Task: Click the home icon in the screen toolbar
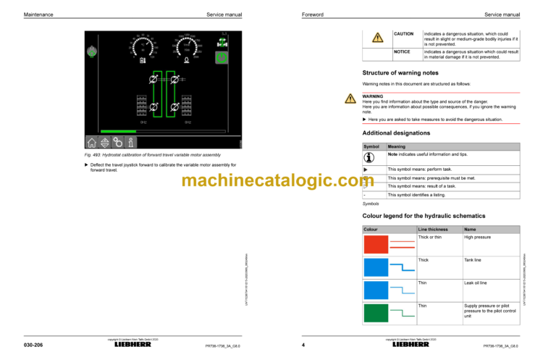coord(93,143)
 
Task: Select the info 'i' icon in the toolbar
coord(130,143)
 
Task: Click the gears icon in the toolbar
coord(117,143)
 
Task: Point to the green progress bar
coord(116,131)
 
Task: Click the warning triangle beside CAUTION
coord(377,38)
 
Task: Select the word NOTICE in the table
coord(402,52)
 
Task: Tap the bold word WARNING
coord(373,96)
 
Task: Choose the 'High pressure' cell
coord(477,238)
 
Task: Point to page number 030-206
coord(33,346)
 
